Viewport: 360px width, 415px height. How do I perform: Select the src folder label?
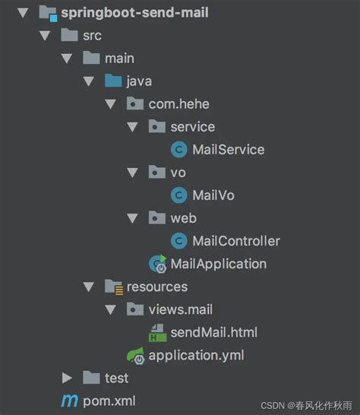pyautogui.click(x=92, y=35)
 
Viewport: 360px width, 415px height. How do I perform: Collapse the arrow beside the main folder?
pyautogui.click(x=67, y=58)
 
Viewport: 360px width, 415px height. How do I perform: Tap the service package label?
pyautogui.click(x=192, y=126)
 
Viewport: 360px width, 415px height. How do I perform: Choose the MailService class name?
pyautogui.click(x=228, y=149)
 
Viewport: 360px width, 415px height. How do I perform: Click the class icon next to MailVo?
pyautogui.click(x=179, y=195)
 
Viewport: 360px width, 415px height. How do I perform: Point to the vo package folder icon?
pyautogui.click(x=157, y=172)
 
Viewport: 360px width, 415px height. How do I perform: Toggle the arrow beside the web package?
pyautogui.click(x=132, y=218)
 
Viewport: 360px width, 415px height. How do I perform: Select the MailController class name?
pyautogui.click(x=235, y=241)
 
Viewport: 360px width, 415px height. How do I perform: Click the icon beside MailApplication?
pyautogui.click(x=158, y=264)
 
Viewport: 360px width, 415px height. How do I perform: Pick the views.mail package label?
pyautogui.click(x=180, y=309)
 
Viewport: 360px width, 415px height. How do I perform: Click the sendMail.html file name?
pyautogui.click(x=213, y=332)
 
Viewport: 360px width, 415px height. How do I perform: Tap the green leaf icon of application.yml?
pyautogui.click(x=136, y=354)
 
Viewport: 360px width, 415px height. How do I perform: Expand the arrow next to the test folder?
pyautogui.click(x=68, y=378)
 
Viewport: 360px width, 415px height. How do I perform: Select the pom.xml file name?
pyautogui.click(x=109, y=400)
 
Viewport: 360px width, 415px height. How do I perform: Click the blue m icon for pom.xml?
pyautogui.click(x=70, y=401)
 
